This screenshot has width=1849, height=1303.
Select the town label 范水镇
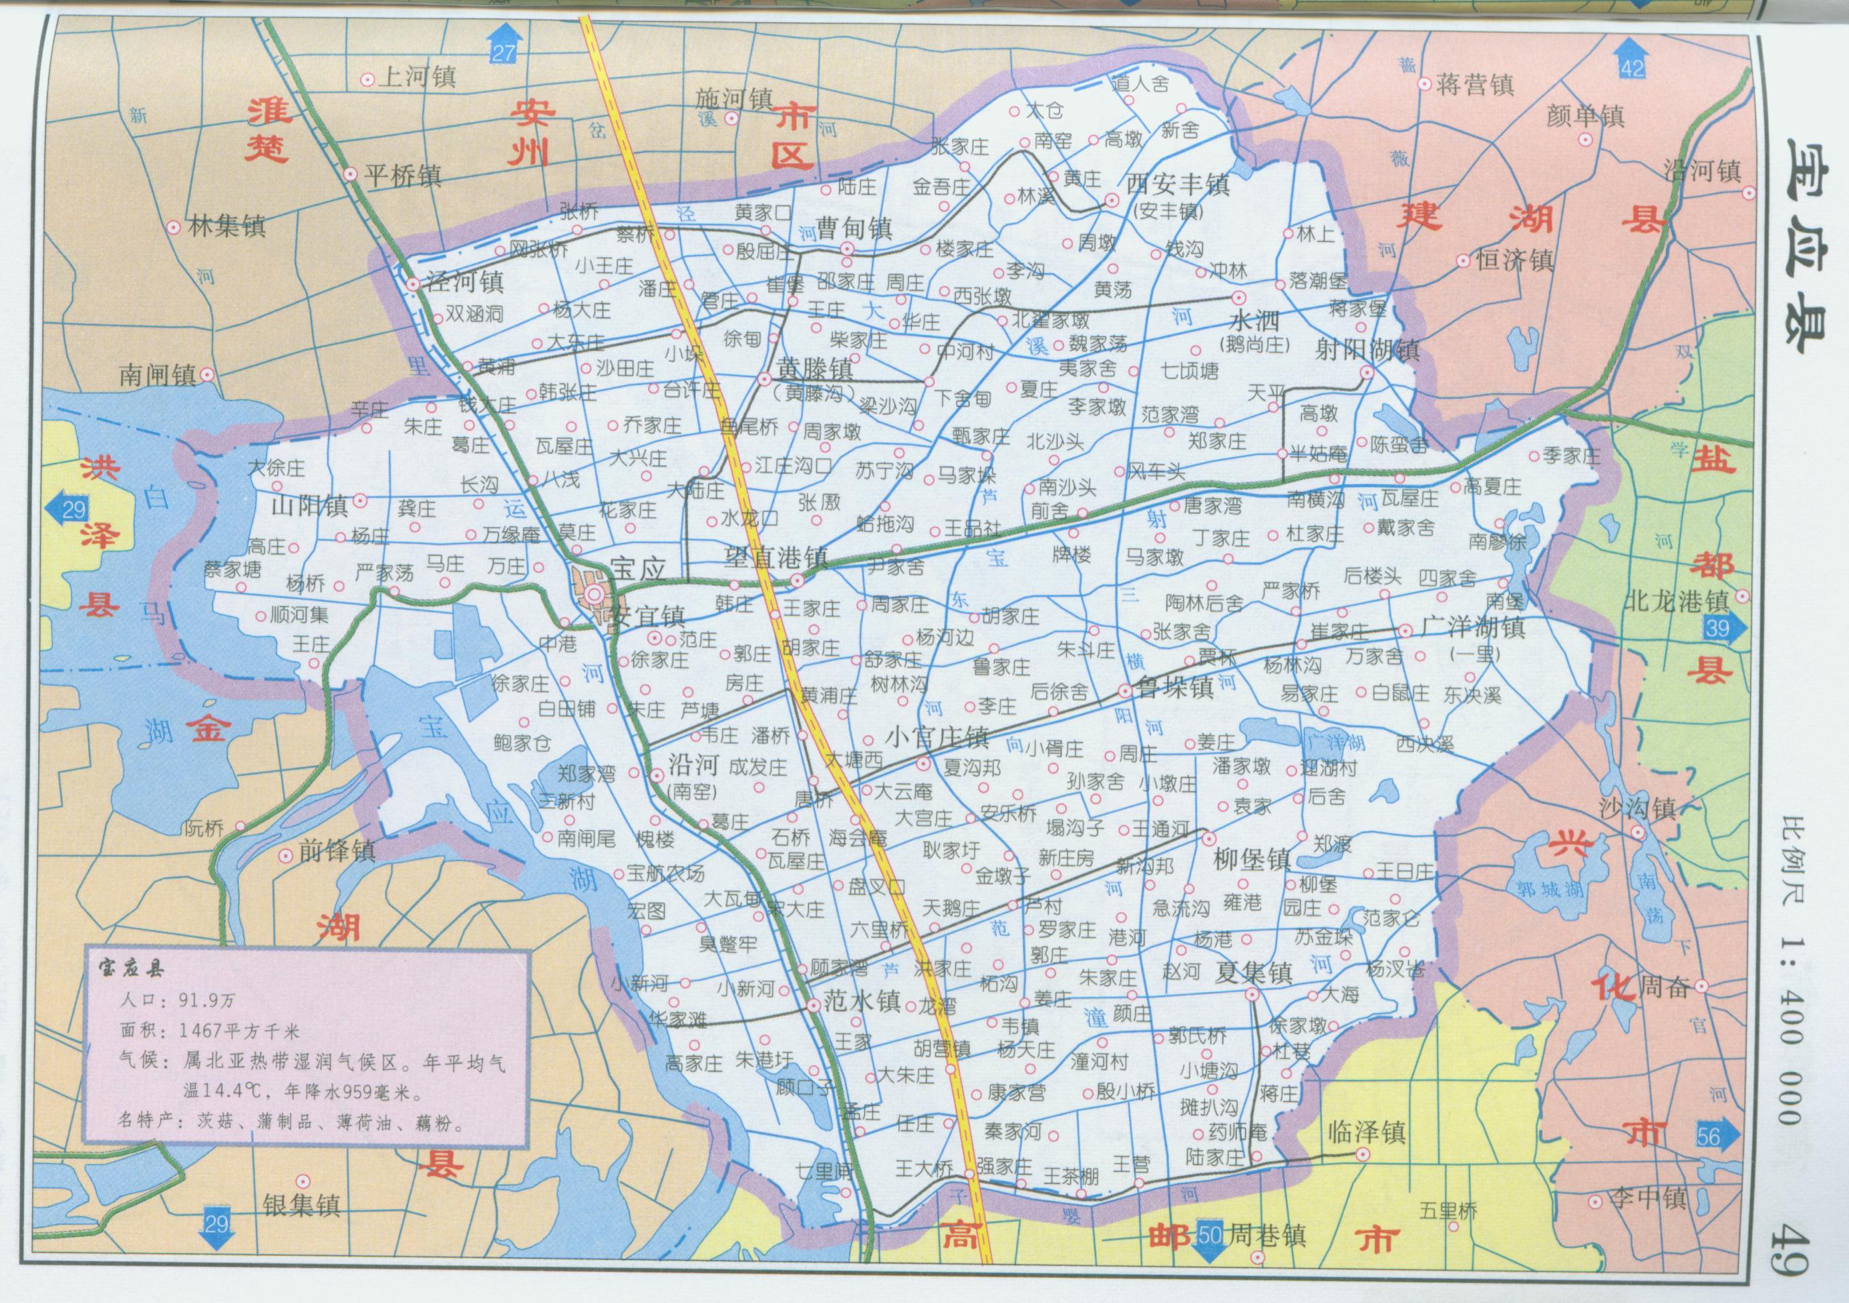click(862, 1002)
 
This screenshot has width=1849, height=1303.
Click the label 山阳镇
click(310, 506)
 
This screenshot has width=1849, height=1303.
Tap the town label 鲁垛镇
click(1176, 688)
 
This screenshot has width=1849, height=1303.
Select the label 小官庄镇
click(937, 736)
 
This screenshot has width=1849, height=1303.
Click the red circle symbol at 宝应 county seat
click(595, 595)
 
